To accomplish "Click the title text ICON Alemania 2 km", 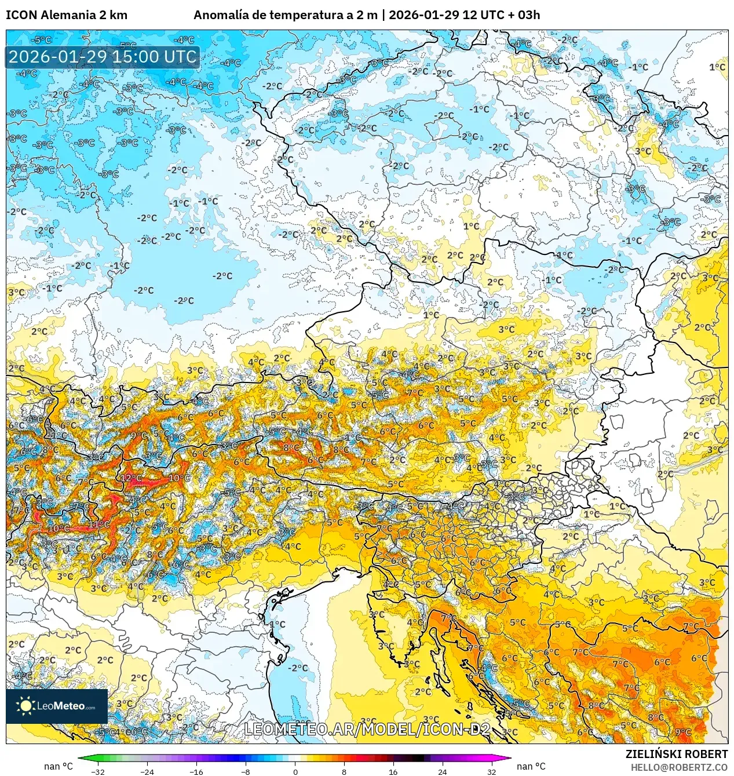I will tap(67, 15).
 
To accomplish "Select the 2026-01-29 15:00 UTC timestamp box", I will tap(103, 57).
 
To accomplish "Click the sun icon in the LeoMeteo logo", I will tap(25, 705).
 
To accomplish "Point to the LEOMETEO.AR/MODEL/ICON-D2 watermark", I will tap(367, 729).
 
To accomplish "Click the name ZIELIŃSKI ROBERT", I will tap(676, 754).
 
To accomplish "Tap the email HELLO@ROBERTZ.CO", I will tap(679, 767).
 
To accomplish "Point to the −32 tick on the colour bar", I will tap(98, 771).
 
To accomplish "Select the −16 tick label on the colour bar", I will tap(196, 771).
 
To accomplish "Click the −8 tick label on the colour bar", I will tap(246, 771).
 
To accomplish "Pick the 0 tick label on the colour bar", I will tap(295, 771).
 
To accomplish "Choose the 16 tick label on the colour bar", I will tap(393, 771).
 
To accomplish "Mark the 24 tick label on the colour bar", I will tap(443, 771).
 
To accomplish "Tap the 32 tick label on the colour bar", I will tap(492, 771).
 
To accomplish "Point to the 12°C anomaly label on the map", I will tap(132, 478).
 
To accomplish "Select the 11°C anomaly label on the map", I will tap(99, 524).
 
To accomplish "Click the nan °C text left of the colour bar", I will tap(58, 766).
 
